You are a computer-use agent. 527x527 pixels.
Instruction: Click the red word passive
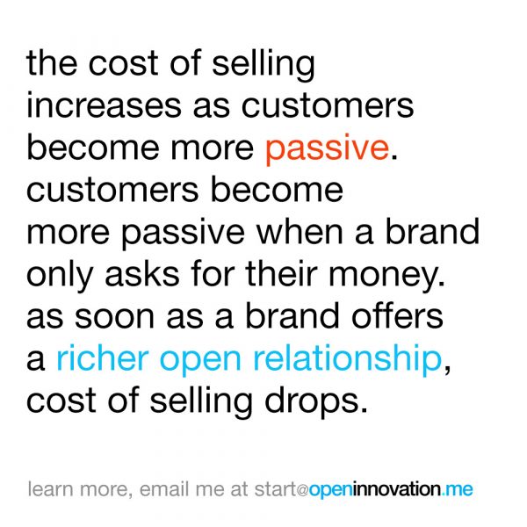[327, 149]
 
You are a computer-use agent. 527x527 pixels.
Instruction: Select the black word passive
[183, 234]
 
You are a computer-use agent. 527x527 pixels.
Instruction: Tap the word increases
[104, 105]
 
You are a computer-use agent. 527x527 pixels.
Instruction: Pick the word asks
[142, 273]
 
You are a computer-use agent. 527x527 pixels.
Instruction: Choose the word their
[282, 272]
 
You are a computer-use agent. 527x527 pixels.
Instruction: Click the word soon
[114, 317]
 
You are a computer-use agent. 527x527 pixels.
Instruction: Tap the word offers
[397, 315]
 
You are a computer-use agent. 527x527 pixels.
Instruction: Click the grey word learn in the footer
[50, 488]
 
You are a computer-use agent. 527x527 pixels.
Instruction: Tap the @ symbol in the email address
[302, 490]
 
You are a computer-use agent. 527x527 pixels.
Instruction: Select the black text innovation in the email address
[397, 488]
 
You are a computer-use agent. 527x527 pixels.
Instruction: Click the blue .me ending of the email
[457, 490]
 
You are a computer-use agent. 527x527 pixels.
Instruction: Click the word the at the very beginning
[52, 63]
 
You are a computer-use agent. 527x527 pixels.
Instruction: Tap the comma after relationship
[447, 368]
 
